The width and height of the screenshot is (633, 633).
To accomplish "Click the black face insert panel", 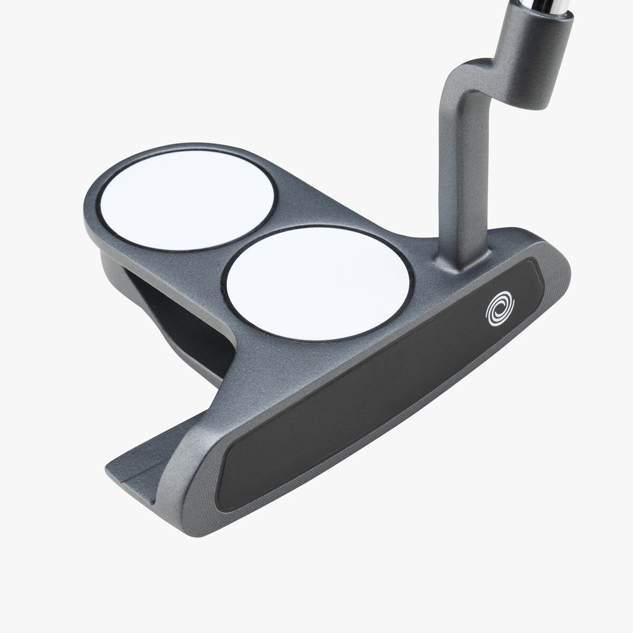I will pos(380,380).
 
